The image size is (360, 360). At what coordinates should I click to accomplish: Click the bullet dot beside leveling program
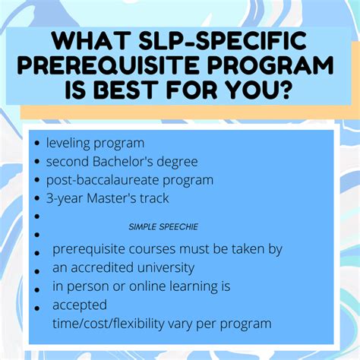click(37, 144)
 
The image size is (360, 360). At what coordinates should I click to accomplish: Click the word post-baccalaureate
click(102, 180)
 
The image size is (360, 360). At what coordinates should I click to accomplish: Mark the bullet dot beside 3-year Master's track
click(37, 199)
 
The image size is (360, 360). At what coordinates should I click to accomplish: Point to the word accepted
click(78, 305)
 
